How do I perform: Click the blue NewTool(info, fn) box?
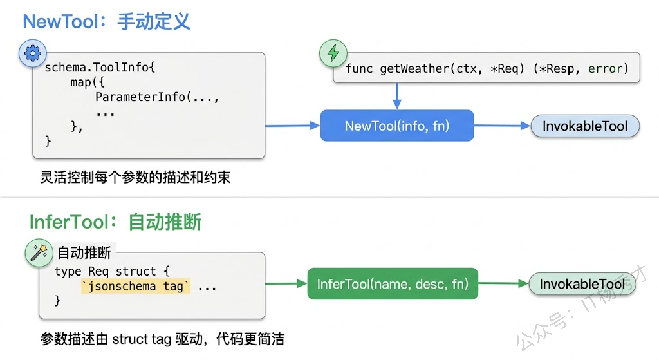pos(397,126)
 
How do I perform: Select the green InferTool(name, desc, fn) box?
pos(393,283)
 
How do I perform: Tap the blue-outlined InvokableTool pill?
pos(584,126)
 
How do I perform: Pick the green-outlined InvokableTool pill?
pos(582,284)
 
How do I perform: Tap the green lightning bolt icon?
pos(333,53)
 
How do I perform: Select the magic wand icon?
pos(39,252)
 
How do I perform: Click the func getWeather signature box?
pos(487,68)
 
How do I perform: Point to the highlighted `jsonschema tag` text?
pos(136,286)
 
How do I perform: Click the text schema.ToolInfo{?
pos(100,68)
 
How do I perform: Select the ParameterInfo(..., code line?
pos(157,97)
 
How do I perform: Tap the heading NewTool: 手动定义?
pos(107,21)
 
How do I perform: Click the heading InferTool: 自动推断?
pos(116,222)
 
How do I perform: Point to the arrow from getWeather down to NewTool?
pos(397,96)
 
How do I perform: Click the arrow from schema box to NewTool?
pos(293,126)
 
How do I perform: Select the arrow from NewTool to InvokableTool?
pos(502,126)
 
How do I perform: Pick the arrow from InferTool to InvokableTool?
pos(503,283)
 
